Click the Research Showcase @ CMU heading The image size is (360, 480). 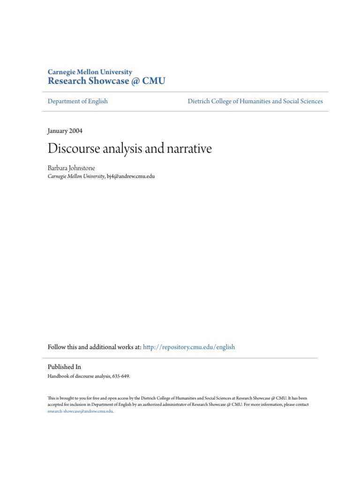pos(106,81)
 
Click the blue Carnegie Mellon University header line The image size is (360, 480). pos(90,72)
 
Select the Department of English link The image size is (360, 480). pos(78,101)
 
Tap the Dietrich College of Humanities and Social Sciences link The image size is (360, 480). pos(255,101)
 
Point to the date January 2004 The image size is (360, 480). pos(65,131)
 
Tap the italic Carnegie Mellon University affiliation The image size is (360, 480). pos(76,176)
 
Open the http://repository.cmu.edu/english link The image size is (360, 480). pos(189,347)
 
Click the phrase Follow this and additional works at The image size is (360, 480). pos(94,347)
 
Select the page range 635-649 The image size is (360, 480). pos(121,376)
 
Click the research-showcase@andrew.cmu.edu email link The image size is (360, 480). pos(80,411)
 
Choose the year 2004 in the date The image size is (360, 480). pos(76,131)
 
